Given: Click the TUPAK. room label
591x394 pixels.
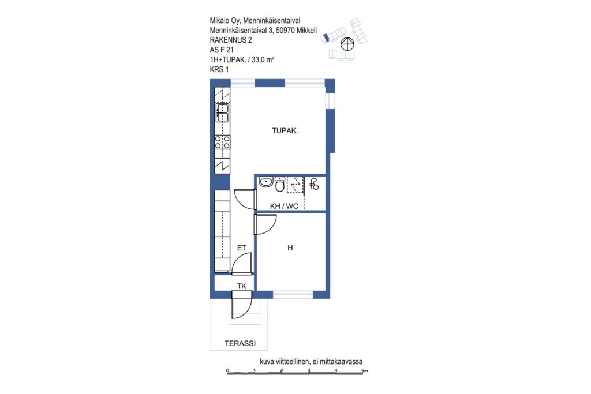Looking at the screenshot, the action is pyautogui.click(x=285, y=131).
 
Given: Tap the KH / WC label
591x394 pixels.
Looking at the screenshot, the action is pyautogui.click(x=284, y=206).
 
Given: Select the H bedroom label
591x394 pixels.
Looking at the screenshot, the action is pyautogui.click(x=290, y=247).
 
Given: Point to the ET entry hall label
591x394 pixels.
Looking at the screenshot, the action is pyautogui.click(x=242, y=248).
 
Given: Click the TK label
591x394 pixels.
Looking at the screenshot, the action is pyautogui.click(x=242, y=286).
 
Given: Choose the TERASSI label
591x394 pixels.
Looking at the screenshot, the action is pyautogui.click(x=240, y=344).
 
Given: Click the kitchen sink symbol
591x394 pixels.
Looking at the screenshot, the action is pyautogui.click(x=222, y=112).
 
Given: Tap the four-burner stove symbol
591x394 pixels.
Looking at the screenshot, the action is pyautogui.click(x=222, y=142).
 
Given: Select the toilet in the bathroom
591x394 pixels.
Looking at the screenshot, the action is pyautogui.click(x=280, y=184).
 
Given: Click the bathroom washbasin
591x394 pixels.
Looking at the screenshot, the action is pyautogui.click(x=265, y=182).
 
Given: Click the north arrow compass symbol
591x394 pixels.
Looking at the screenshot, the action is pyautogui.click(x=347, y=44).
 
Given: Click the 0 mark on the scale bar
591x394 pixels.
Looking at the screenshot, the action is pyautogui.click(x=227, y=371).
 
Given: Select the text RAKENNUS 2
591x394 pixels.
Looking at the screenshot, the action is pyautogui.click(x=231, y=40).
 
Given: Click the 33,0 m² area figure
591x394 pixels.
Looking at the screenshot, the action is pyautogui.click(x=263, y=59).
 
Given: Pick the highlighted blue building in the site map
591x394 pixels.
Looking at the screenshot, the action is pyautogui.click(x=326, y=37).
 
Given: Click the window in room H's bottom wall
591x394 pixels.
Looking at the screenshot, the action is pyautogui.click(x=293, y=295).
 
